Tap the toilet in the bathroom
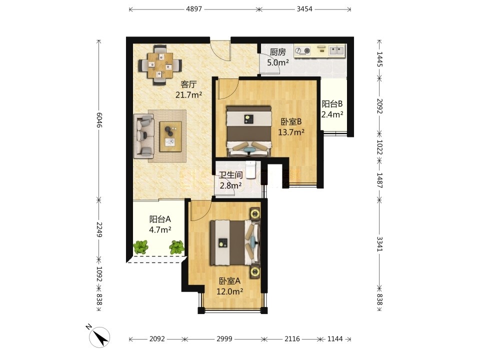pos(250,169)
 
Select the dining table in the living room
pos(160,65)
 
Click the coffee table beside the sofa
pos(170,136)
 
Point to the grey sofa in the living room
pos(143,136)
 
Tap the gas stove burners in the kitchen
pos(302,51)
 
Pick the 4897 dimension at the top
pos(194,9)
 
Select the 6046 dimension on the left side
pos(99,120)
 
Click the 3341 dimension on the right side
pos(379,243)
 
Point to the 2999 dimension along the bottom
pos(224,339)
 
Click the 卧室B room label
pos(291,122)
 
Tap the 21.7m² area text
pos(188,95)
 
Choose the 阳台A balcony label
pos(160,219)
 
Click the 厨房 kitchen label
pos(277,52)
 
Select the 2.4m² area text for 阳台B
pos(332,114)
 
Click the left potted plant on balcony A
pos(141,246)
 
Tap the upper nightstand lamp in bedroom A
pos(255,213)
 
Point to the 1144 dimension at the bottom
pos(335,339)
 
